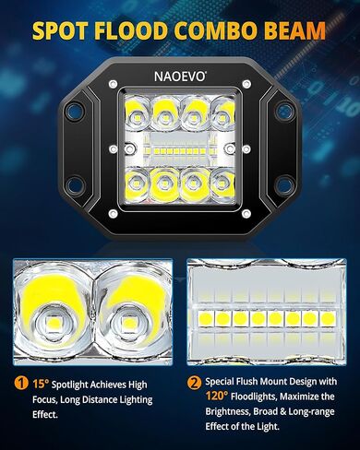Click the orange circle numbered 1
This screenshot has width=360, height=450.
(19, 383)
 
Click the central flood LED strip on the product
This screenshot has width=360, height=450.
(180, 149)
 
